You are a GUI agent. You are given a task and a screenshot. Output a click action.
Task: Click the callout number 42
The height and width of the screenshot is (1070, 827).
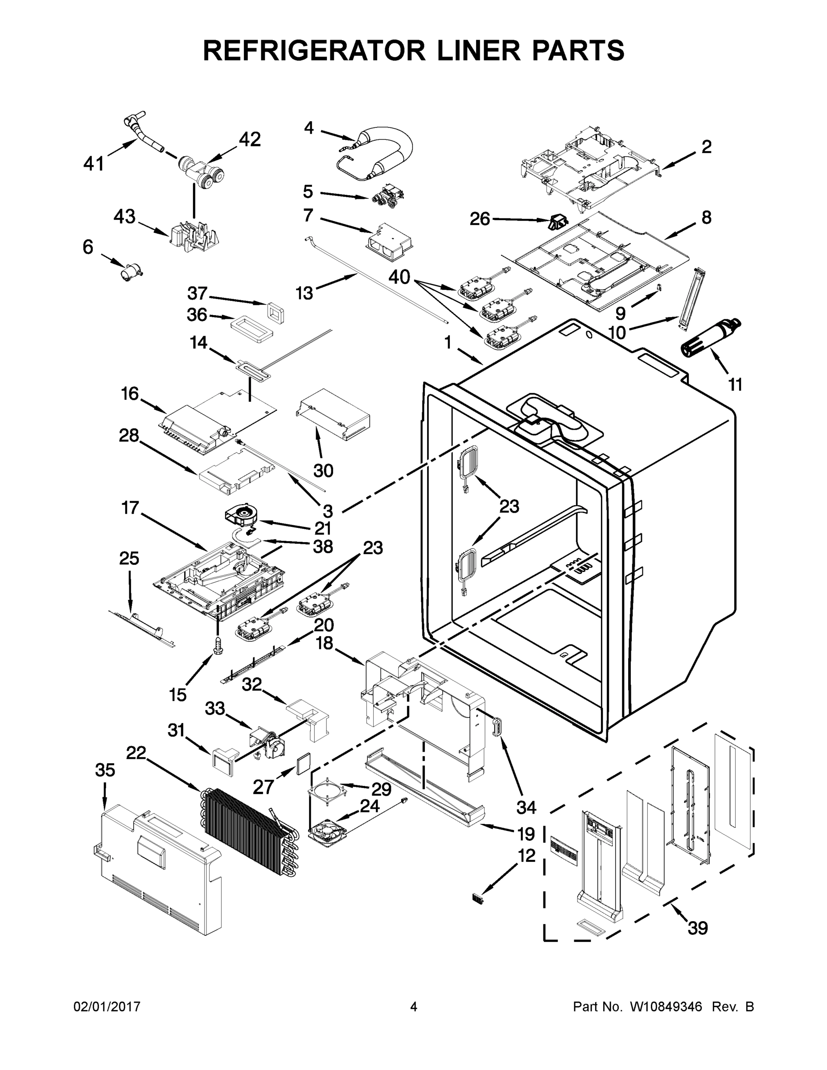tap(249, 140)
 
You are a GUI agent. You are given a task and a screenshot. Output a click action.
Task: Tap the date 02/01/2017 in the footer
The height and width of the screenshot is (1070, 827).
tap(107, 1007)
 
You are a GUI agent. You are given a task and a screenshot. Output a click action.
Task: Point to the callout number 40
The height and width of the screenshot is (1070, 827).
tap(399, 277)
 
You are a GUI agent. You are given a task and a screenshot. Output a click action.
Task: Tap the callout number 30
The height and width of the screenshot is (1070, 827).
tap(323, 470)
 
